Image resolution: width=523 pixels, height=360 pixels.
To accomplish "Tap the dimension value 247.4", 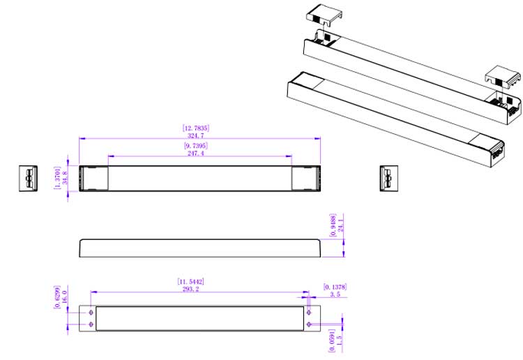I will click(x=196, y=153).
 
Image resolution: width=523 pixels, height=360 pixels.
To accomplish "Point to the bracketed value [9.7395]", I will click(x=196, y=146).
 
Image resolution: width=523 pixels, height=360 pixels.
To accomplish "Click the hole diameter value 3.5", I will click(x=335, y=295).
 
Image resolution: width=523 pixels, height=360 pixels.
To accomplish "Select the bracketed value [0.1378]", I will click(x=335, y=287).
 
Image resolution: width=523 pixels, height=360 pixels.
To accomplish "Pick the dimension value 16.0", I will click(x=65, y=295).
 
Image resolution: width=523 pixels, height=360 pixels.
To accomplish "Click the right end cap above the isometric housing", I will click(x=503, y=75).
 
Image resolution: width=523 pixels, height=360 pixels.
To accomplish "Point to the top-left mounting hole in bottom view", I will click(x=91, y=313).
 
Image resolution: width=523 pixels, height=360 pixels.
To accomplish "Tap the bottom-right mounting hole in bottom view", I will click(x=309, y=325).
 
